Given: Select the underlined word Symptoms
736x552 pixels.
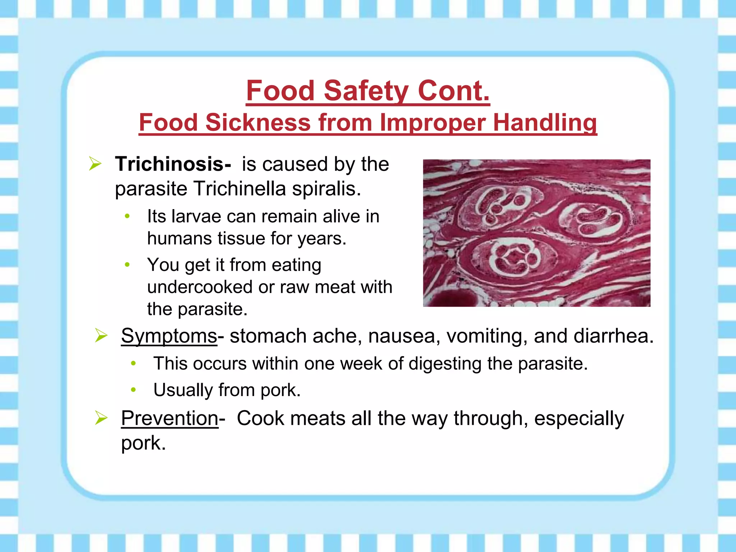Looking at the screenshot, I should [169, 336].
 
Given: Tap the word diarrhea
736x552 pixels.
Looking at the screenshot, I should [613, 336].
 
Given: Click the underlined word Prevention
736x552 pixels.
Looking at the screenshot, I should [170, 418].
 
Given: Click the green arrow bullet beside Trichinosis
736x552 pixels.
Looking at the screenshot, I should [95, 164].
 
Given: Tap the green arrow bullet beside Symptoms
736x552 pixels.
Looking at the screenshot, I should [101, 336].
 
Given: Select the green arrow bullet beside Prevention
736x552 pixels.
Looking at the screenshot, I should [101, 418].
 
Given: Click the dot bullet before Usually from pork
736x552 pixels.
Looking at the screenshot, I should [133, 390].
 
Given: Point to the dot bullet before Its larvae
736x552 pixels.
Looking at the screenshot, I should [127, 216].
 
